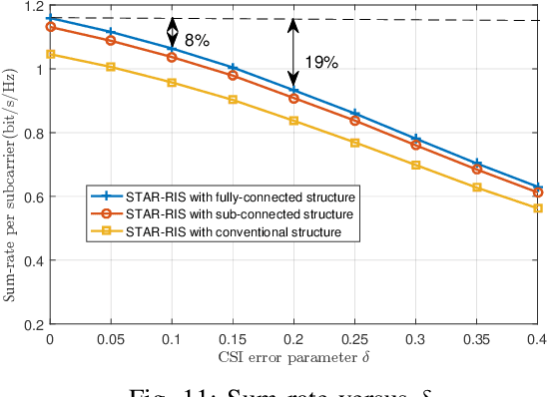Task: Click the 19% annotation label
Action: (x=321, y=62)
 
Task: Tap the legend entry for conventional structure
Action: (x=232, y=232)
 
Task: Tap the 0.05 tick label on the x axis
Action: (x=110, y=340)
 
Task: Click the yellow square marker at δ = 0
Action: (x=49, y=54)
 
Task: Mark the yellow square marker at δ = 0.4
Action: (x=538, y=208)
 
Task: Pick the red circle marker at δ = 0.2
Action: (x=293, y=98)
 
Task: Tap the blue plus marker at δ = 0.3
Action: (x=416, y=139)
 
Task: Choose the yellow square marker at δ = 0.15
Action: (x=233, y=100)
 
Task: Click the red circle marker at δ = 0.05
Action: (x=110, y=40)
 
